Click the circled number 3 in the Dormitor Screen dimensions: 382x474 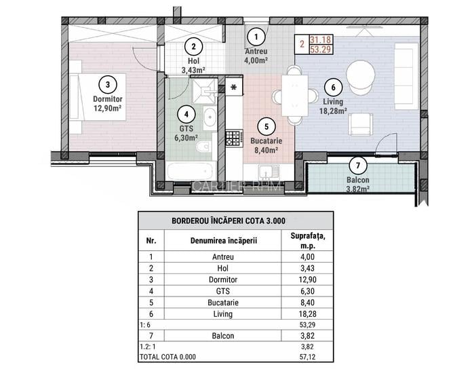107,84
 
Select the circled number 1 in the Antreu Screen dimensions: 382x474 256,36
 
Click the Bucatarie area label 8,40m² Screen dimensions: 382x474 266,151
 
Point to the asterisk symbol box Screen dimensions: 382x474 234,87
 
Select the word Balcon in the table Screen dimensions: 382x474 222,336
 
